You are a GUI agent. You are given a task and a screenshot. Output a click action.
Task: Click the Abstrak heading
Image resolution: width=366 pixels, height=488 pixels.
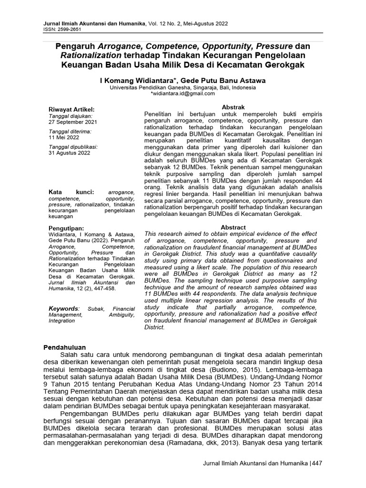[234, 108]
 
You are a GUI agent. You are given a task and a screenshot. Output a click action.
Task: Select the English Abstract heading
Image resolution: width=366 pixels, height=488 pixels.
[234, 227]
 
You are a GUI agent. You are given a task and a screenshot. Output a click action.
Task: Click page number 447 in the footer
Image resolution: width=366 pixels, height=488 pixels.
[317, 463]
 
